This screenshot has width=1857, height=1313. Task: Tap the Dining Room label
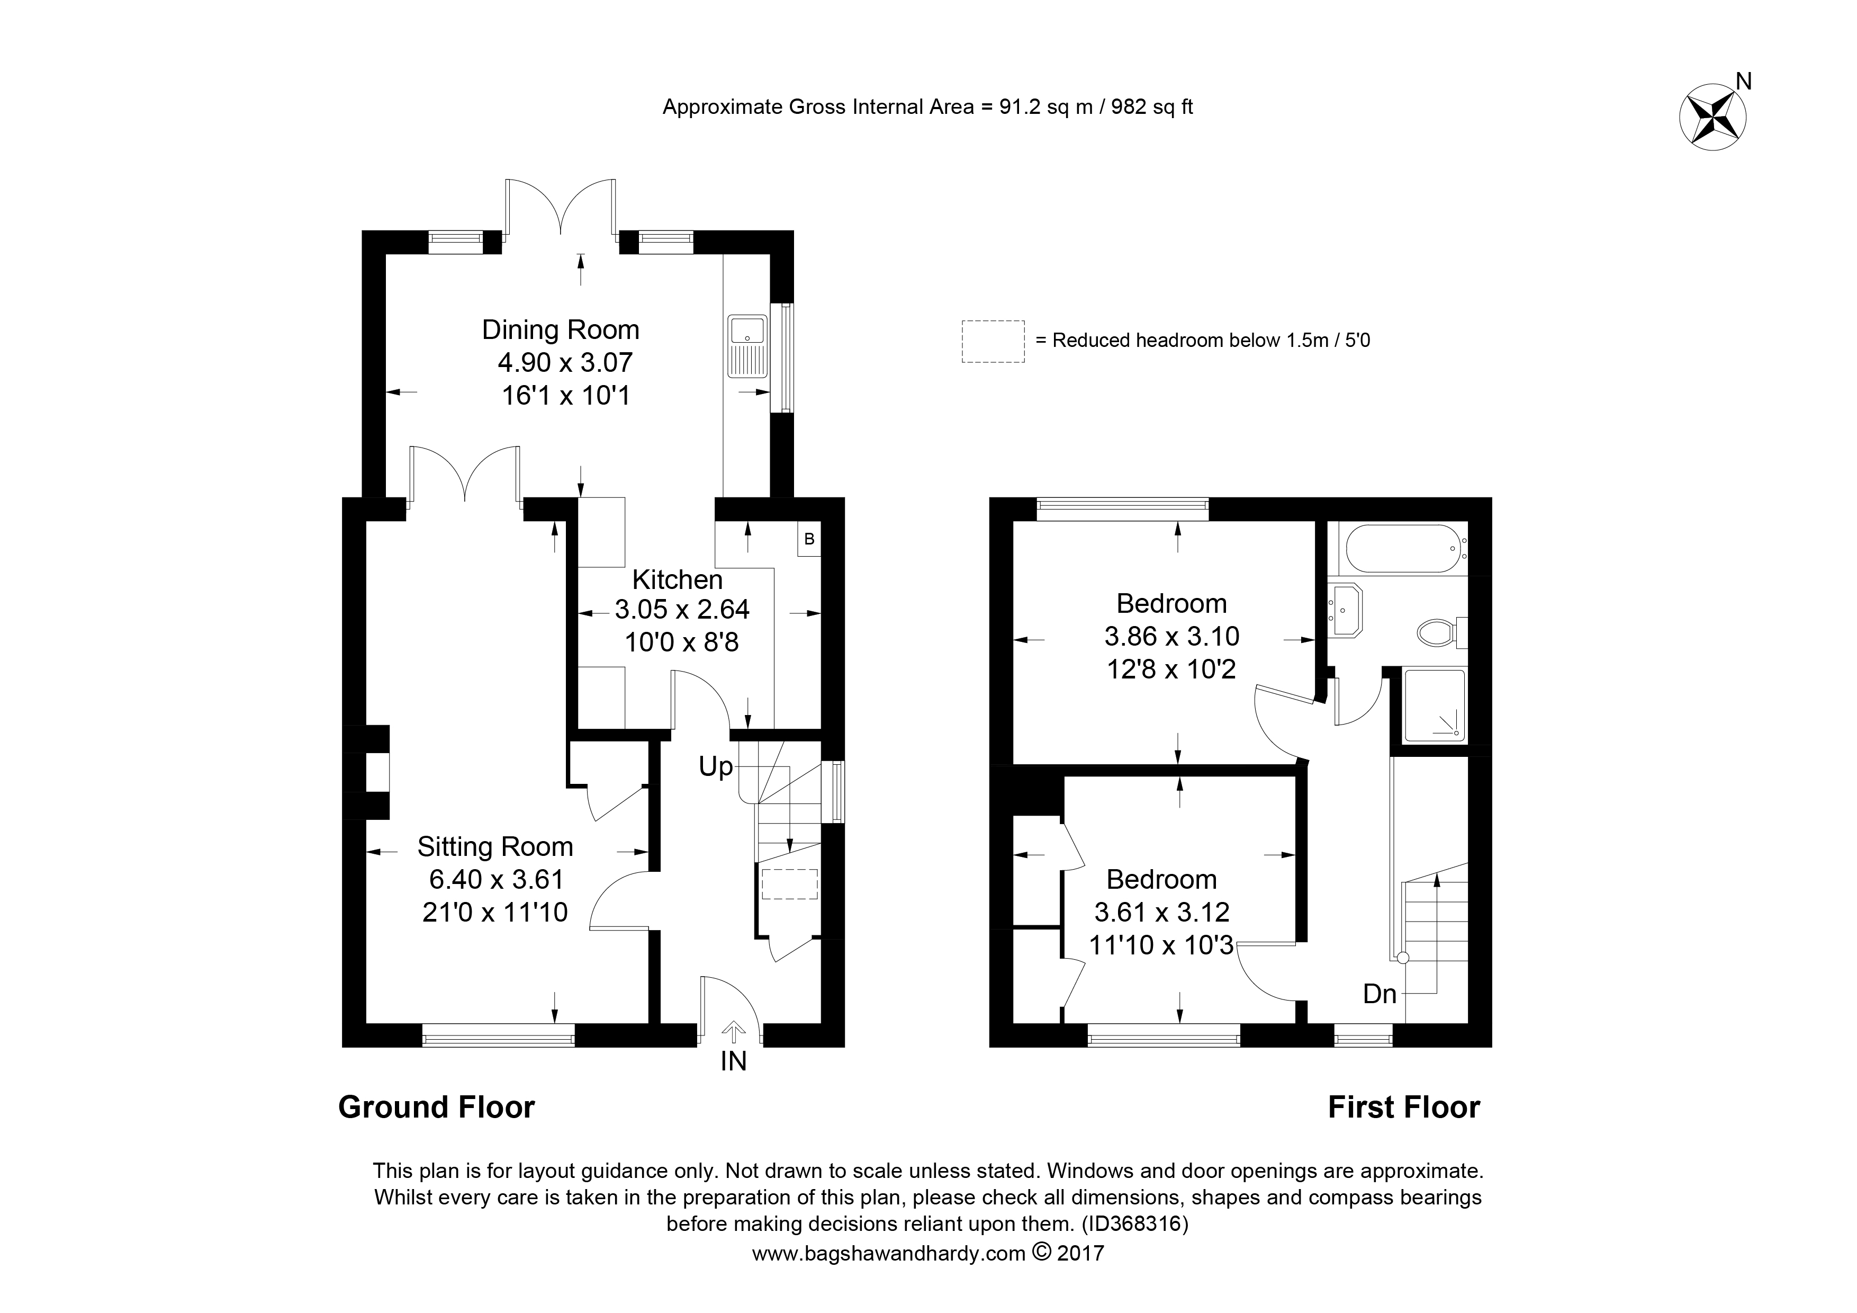tap(561, 330)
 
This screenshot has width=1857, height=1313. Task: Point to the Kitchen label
tap(677, 580)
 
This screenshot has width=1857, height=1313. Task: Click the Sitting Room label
tap(495, 847)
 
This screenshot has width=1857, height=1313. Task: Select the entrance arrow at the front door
tap(734, 1031)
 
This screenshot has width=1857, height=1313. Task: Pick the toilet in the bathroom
tap(1438, 632)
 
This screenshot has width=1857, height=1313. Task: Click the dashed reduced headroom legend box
tap(993, 341)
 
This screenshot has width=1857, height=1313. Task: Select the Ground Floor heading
tap(437, 1107)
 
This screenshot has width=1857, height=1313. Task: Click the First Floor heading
tap(1403, 1107)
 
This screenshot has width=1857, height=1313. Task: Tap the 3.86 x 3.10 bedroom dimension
tap(1171, 637)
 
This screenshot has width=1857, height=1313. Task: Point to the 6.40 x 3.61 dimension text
tap(496, 879)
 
